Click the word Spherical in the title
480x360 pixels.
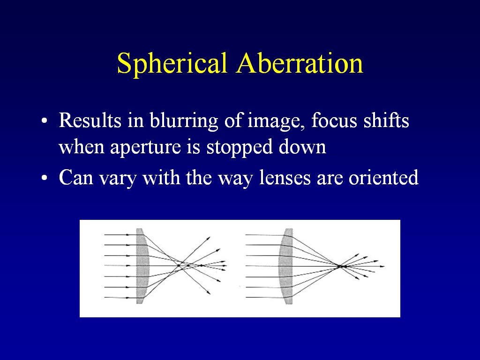point(172,64)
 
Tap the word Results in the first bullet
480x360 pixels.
point(90,120)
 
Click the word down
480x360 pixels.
point(302,146)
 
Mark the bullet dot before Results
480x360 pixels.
point(45,121)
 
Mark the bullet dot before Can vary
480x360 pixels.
point(45,178)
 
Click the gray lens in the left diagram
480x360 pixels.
point(142,266)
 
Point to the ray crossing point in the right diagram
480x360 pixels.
point(340,266)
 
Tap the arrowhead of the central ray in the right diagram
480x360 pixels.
point(382,266)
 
